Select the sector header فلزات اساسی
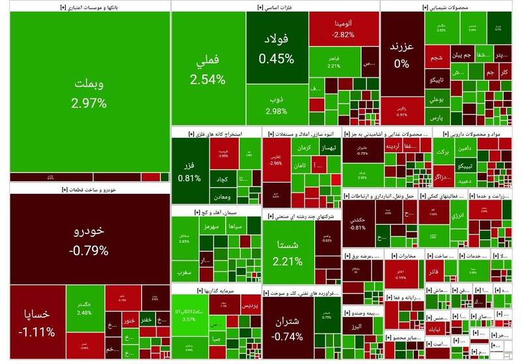[x=274, y=7]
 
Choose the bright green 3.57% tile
[x=189, y=318]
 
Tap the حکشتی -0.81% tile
[x=358, y=223]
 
